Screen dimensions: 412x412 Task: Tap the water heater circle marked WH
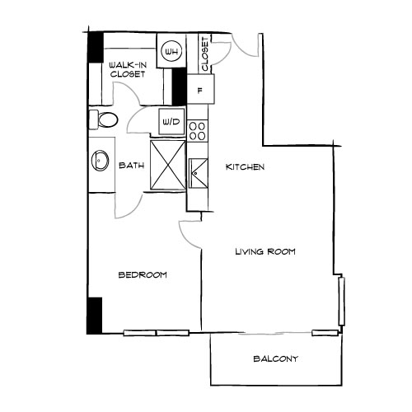(171, 53)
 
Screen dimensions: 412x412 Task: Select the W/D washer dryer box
(171, 121)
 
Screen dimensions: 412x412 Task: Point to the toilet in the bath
(102, 120)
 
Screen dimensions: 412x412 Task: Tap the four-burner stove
(197, 130)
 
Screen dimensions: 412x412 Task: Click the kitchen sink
(198, 172)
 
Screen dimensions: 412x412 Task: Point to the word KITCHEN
(245, 167)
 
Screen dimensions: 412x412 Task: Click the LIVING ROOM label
(265, 251)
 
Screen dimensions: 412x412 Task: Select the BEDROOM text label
(143, 275)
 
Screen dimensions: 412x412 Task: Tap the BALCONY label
(275, 359)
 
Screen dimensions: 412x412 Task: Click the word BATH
(132, 166)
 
